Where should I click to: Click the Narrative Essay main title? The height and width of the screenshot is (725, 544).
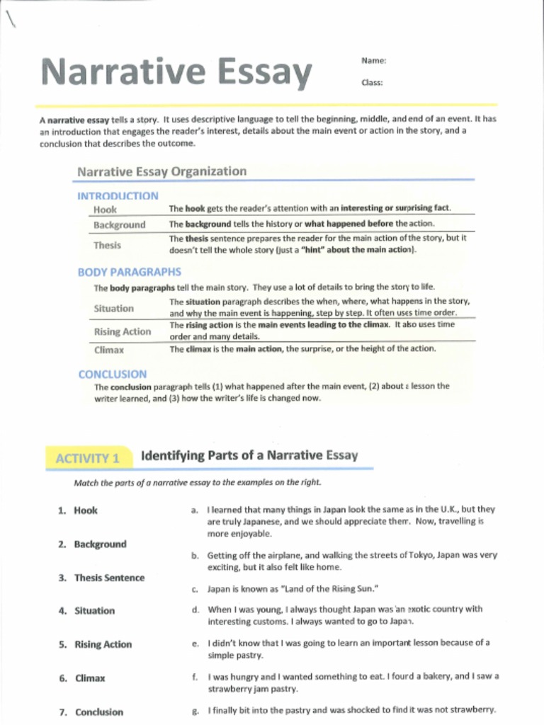tap(176, 72)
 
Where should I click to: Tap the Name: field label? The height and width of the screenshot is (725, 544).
tap(373, 61)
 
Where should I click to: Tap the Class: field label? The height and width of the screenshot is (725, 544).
tap(372, 83)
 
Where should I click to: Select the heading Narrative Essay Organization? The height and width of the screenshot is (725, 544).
tap(161, 171)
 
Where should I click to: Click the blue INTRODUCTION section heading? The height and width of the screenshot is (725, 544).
tap(118, 196)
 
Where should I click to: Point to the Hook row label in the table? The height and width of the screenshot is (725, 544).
tap(105, 210)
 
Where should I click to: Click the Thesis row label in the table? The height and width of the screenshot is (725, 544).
tap(107, 245)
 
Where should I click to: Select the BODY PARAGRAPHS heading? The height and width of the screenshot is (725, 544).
tap(129, 272)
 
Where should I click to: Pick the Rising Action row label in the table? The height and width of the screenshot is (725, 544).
tap(122, 331)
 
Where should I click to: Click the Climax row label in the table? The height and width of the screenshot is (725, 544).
tap(108, 349)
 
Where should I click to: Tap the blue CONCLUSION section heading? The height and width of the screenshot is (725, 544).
tap(113, 374)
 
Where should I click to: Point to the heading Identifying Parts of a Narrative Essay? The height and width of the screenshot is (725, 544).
tap(249, 455)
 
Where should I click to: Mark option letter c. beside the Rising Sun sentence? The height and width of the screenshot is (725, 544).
tap(194, 588)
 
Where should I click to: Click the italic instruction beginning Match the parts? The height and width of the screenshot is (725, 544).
tap(197, 483)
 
